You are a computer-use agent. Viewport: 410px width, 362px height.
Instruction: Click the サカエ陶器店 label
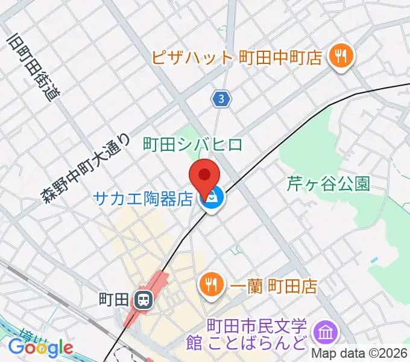[143, 198]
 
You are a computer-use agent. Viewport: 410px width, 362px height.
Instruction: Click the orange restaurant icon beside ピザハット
[341, 57]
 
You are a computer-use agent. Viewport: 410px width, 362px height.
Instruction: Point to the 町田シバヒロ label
[192, 145]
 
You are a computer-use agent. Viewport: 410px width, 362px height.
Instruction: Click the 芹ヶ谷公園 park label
[328, 184]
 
